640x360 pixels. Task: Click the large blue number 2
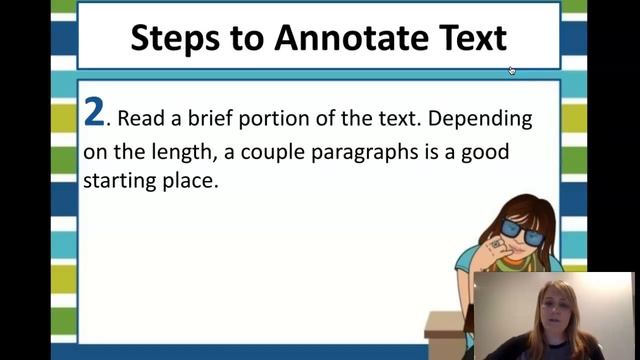pyautogui.click(x=94, y=113)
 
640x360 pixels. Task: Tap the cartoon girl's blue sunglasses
pyautogui.click(x=521, y=231)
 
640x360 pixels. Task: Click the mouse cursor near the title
pyautogui.click(x=512, y=70)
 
